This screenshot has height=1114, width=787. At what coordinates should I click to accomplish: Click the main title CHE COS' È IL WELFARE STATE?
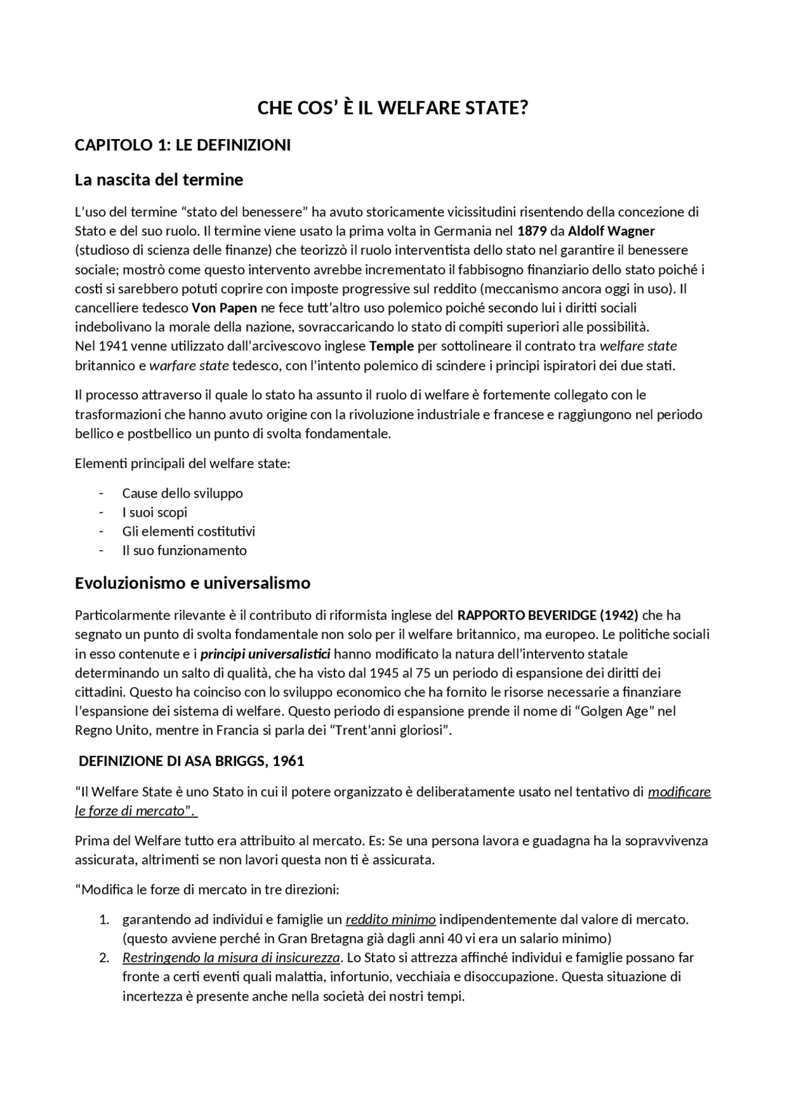pos(393,108)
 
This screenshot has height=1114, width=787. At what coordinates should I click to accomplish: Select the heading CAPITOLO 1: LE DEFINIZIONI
pos(183,145)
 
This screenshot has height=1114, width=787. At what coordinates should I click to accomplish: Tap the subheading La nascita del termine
pos(159,180)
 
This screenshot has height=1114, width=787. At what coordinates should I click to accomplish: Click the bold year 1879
pos(532,231)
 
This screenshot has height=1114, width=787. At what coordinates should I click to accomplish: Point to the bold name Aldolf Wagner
pos(611,231)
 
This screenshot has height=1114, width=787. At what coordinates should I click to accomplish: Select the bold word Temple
pos(391,346)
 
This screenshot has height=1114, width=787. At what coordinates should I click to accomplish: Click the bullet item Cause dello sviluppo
pos(183,493)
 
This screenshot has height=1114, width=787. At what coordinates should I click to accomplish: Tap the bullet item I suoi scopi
pos(154,512)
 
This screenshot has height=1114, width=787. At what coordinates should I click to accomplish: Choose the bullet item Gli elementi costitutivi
pos(188,531)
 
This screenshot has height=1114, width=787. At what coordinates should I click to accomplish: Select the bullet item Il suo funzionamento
pos(184,551)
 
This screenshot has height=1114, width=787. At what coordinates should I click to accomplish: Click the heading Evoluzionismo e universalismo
pos(192,583)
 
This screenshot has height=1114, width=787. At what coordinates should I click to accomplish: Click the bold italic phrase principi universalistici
pos(266,653)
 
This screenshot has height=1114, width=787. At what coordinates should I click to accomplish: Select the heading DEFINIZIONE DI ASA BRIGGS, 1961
pos(191,761)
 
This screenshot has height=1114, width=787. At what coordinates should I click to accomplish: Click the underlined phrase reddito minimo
pos(390,920)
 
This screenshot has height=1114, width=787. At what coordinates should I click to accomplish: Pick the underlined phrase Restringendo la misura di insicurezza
pos(231,958)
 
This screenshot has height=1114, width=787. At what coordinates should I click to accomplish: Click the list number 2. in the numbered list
pos(104,958)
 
